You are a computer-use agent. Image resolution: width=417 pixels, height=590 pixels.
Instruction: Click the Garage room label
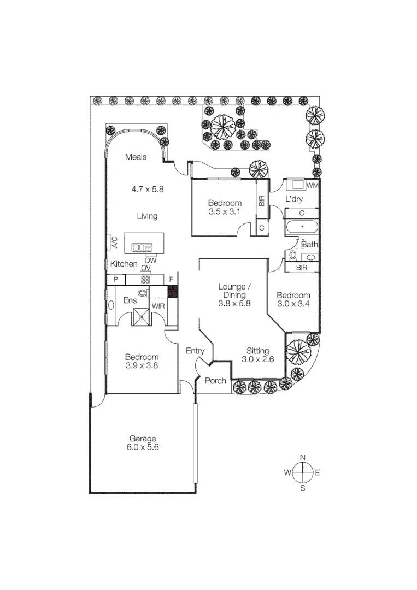[x=143, y=438]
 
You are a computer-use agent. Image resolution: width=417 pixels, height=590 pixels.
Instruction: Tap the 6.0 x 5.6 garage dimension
[x=143, y=447]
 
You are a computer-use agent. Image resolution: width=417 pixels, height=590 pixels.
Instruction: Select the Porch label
[x=215, y=381]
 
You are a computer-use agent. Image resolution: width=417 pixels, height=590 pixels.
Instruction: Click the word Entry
[x=195, y=350]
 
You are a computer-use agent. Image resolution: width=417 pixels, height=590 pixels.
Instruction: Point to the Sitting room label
[x=257, y=351]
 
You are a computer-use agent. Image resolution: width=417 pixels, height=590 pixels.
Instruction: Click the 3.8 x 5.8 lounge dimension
[x=234, y=304]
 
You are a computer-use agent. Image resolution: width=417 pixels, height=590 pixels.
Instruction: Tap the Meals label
[x=136, y=157]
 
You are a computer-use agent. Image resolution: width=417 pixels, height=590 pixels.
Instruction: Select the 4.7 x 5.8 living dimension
[x=148, y=189]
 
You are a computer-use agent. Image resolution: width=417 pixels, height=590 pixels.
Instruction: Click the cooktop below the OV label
[x=146, y=279]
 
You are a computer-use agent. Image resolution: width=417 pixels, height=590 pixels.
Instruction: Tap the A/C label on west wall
[x=115, y=242]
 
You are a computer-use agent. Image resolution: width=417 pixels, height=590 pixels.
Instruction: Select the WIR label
[x=158, y=306]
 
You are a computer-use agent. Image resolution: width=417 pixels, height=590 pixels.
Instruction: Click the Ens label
[x=130, y=300]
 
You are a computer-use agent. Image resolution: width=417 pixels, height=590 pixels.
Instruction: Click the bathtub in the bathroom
[x=301, y=226]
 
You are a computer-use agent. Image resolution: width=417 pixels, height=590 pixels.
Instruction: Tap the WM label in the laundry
[x=312, y=186]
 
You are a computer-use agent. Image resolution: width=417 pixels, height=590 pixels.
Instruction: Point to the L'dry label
[x=293, y=199]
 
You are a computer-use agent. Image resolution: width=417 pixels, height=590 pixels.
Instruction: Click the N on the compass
[x=302, y=458]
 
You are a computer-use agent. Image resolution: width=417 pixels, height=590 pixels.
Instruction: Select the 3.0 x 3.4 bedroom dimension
[x=293, y=304]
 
